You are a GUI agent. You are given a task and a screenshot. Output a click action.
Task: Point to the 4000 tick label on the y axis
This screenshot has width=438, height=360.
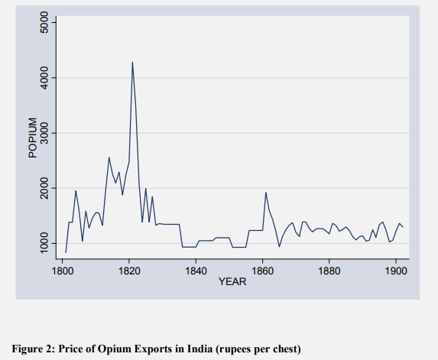click(x=44, y=78)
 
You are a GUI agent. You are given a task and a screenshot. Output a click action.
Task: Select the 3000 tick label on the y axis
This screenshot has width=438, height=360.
click(x=44, y=133)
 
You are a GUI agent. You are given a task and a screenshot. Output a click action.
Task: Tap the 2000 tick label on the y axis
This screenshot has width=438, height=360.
click(x=44, y=188)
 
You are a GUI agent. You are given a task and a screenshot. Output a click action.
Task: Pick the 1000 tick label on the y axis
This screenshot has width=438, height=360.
click(x=44, y=243)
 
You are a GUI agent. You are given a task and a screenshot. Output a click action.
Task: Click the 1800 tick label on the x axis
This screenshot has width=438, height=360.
click(x=63, y=270)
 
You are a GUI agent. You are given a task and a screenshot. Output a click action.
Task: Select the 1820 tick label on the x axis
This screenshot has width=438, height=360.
click(x=129, y=270)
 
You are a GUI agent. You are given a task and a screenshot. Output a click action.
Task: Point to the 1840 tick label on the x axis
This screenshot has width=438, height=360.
click(x=196, y=270)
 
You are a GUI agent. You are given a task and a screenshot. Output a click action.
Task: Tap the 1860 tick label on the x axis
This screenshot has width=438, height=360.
click(x=262, y=270)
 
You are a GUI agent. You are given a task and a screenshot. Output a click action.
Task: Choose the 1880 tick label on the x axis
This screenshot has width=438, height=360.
click(x=329, y=270)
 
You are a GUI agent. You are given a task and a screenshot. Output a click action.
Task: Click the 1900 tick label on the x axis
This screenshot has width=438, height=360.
click(x=395, y=270)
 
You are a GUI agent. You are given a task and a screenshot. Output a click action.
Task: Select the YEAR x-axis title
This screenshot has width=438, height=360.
click(x=232, y=281)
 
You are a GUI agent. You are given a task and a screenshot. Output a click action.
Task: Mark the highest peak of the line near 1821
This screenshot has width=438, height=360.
click(x=132, y=63)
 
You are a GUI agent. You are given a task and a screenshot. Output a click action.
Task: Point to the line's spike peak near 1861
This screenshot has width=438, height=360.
click(x=265, y=193)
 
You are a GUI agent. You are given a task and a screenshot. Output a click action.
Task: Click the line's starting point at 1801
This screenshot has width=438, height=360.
click(x=66, y=252)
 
